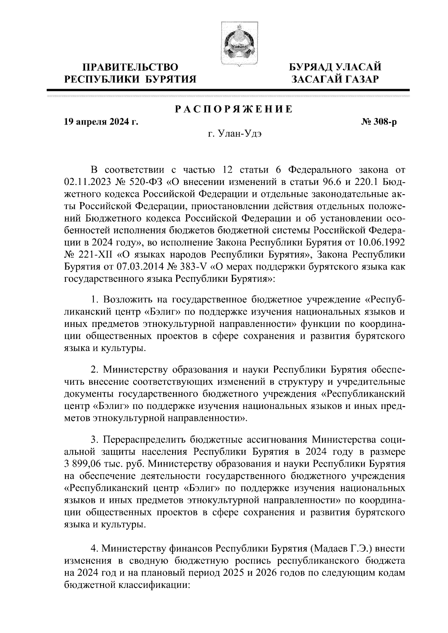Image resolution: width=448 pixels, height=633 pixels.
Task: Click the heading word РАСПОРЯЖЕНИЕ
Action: click(x=234, y=109)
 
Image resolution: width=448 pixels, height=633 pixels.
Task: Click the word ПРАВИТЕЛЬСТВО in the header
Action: click(x=130, y=67)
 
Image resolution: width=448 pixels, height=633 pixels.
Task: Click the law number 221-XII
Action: click(x=93, y=255)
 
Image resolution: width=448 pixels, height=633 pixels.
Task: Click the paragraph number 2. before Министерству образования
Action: click(x=94, y=370)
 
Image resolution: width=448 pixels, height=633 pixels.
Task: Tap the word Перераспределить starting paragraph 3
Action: click(x=145, y=440)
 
